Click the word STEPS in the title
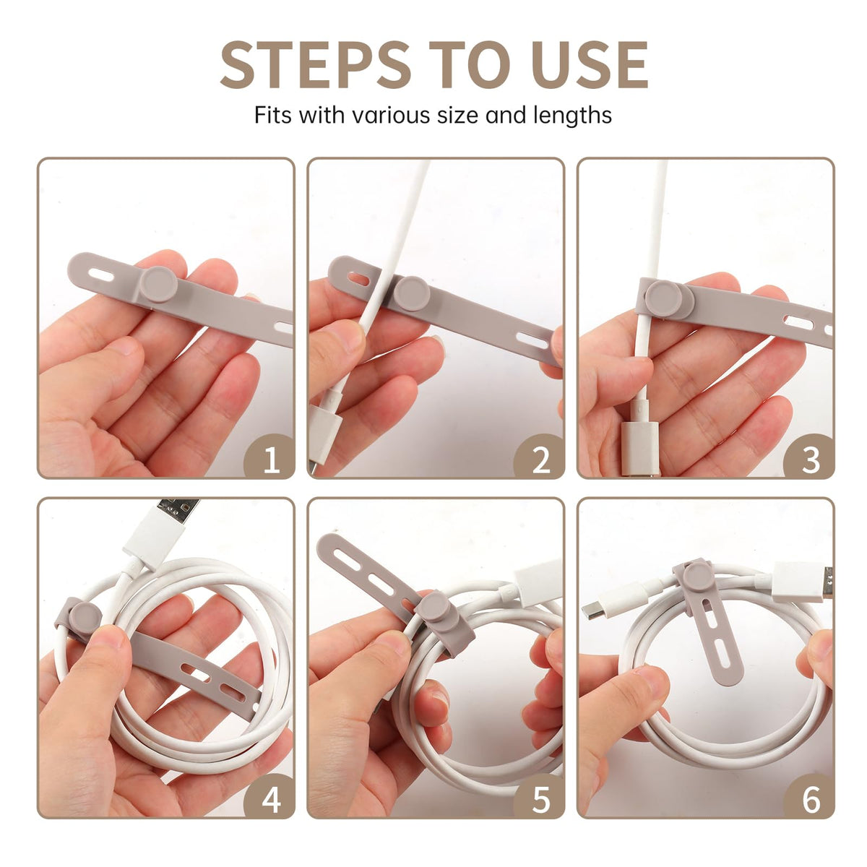316,64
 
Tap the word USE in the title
586,64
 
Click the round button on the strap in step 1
158,285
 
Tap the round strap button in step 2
413,294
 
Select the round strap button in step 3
664,300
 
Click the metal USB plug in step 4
179,511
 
